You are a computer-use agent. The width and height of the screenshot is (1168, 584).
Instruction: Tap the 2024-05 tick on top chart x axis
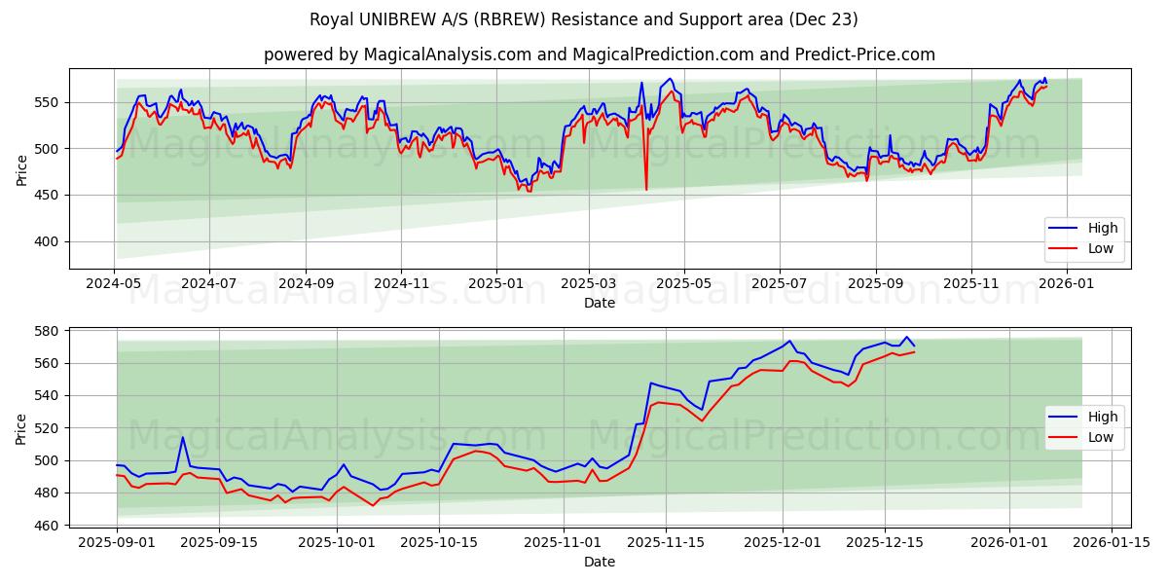[115, 283]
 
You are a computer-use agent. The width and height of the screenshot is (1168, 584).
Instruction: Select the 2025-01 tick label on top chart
[495, 283]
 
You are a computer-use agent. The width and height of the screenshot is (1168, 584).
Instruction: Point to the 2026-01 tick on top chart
[1067, 283]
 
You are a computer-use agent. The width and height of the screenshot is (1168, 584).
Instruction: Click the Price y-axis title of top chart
[21, 170]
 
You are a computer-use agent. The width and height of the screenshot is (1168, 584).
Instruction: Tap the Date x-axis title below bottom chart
[599, 562]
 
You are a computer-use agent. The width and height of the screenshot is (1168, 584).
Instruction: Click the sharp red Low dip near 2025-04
[646, 189]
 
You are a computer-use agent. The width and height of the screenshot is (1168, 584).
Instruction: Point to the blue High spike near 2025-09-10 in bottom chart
[183, 437]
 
